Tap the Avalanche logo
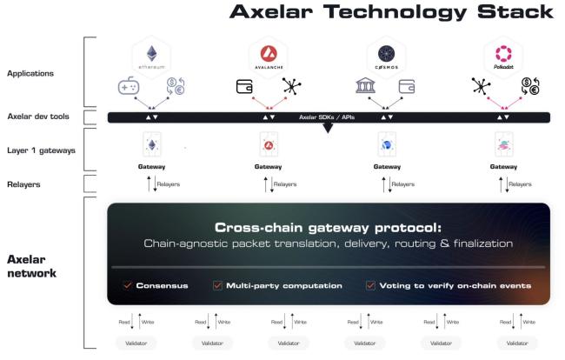[x=268, y=55]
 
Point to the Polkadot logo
[x=504, y=55]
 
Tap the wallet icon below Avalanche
[x=244, y=88]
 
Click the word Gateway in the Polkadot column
[x=503, y=166]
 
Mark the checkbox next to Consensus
[x=127, y=284]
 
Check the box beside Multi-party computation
[x=217, y=284]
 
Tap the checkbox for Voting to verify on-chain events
[x=370, y=284]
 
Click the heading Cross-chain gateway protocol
[x=328, y=225]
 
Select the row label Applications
[x=30, y=74]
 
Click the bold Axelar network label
[x=30, y=265]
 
